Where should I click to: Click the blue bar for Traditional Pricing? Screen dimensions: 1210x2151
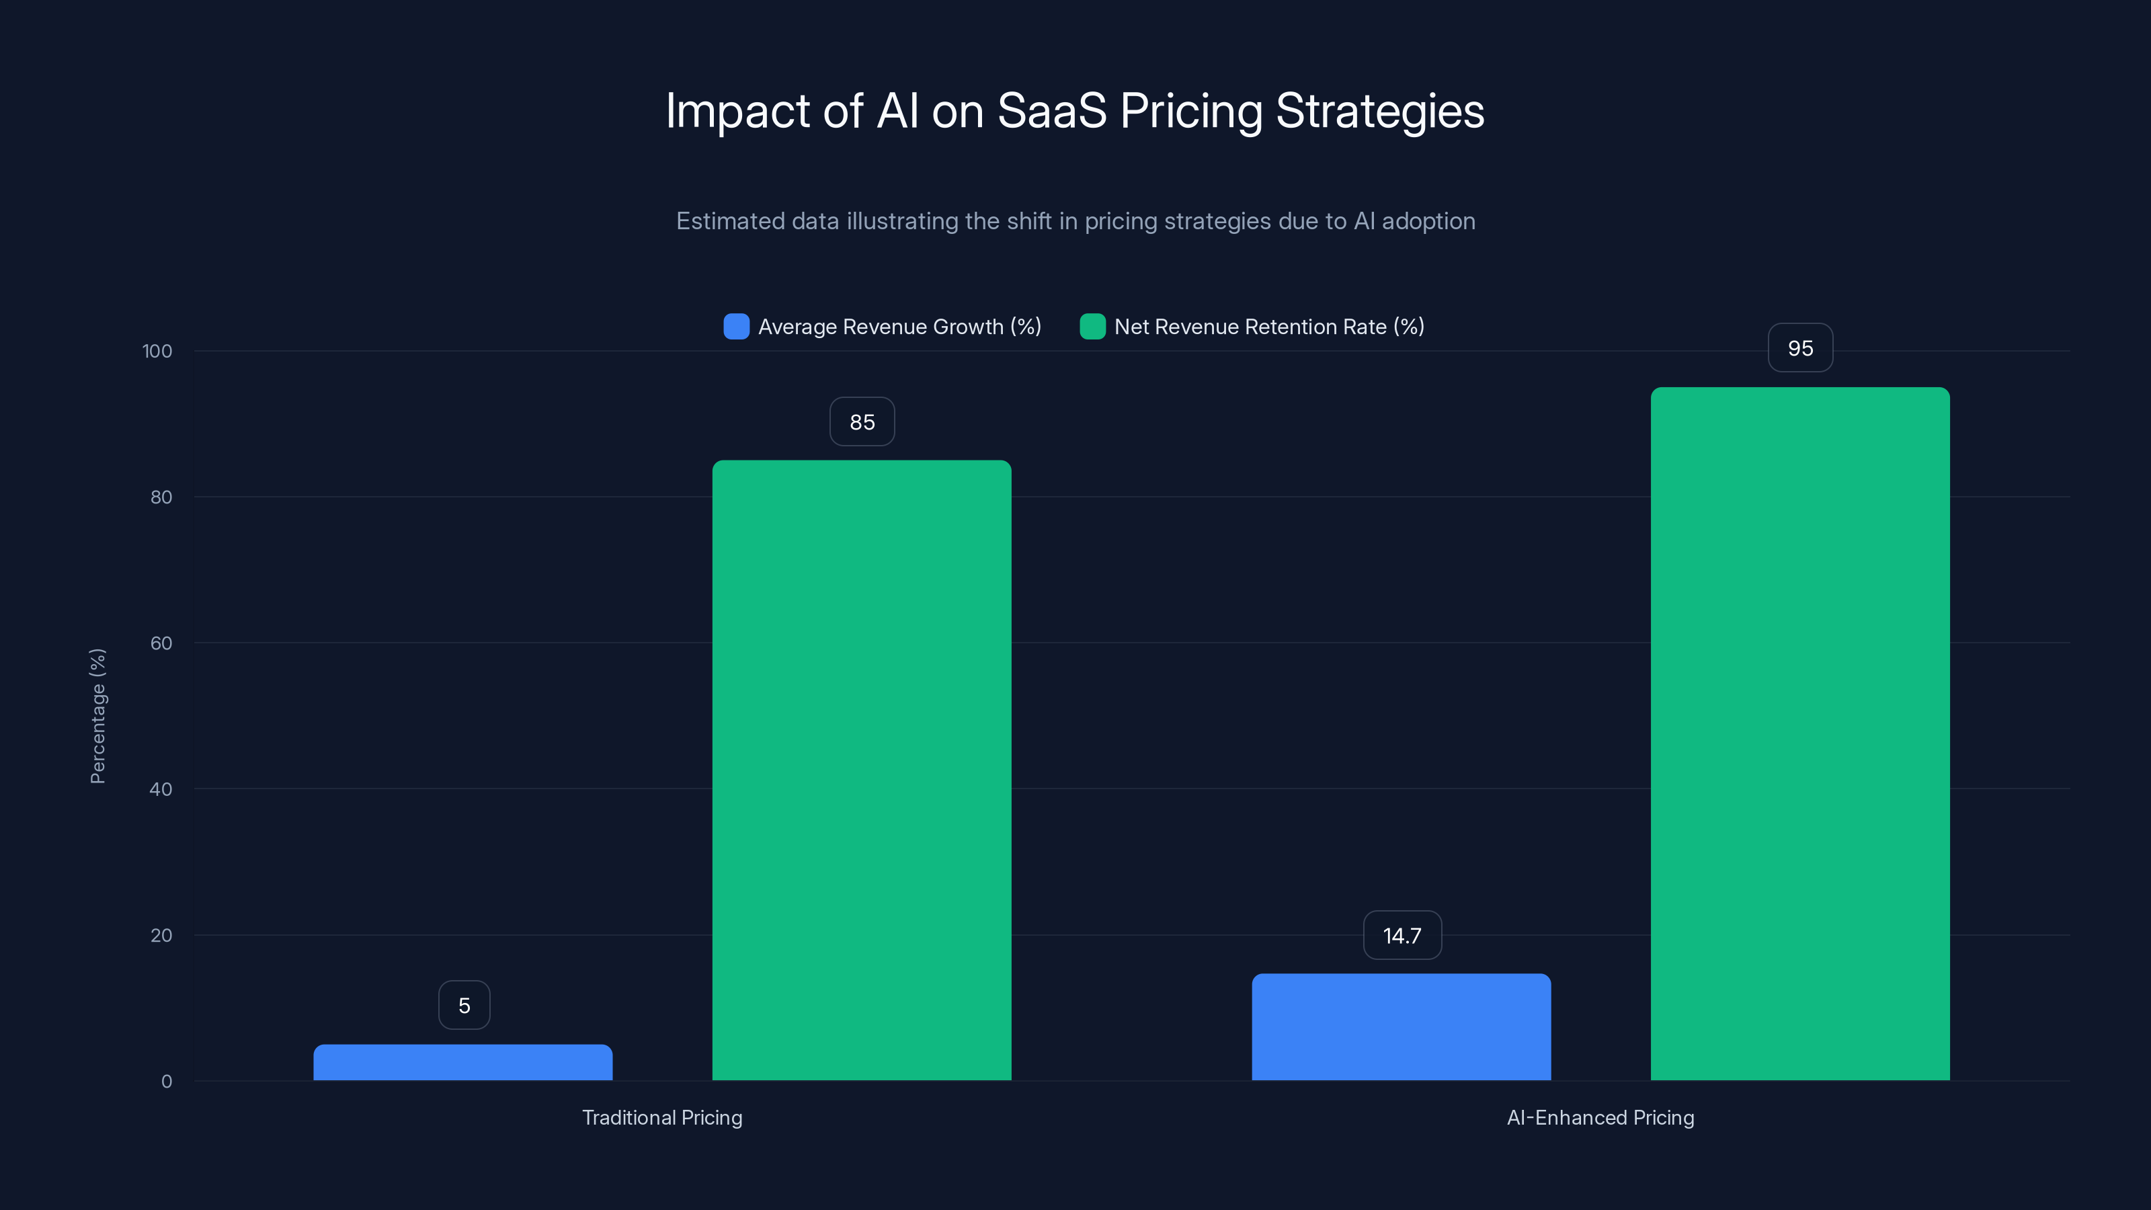pyautogui.click(x=462, y=1062)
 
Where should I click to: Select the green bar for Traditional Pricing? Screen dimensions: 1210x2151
pyautogui.click(x=862, y=770)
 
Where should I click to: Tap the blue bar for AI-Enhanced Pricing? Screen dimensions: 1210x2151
pyautogui.click(x=1401, y=1027)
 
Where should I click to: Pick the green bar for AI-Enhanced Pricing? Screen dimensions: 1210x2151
pyautogui.click(x=1800, y=733)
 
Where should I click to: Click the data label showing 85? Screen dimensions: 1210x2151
pyautogui.click(x=862, y=421)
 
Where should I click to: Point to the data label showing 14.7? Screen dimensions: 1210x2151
pyautogui.click(x=1402, y=935)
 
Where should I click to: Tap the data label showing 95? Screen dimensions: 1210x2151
pyautogui.click(x=1800, y=348)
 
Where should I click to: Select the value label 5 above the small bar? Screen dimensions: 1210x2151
pyautogui.click(x=464, y=1006)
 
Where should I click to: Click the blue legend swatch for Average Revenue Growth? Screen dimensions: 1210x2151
pyautogui.click(x=735, y=327)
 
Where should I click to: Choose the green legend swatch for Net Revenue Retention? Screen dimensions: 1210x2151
pyautogui.click(x=1092, y=327)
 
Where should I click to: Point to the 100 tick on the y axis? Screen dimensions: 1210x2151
pyautogui.click(x=157, y=352)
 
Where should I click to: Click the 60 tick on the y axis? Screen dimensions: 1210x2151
pyautogui.click(x=161, y=643)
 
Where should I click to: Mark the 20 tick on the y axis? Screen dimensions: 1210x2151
pyautogui.click(x=161, y=935)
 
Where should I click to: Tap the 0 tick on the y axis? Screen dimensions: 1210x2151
pyautogui.click(x=166, y=1082)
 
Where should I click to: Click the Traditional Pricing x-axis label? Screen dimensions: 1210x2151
pyautogui.click(x=662, y=1117)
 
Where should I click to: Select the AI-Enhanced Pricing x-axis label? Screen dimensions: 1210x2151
pyautogui.click(x=1600, y=1117)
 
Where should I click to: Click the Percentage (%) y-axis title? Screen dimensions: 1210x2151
pyautogui.click(x=97, y=716)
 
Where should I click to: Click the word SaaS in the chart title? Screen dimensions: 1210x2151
pyautogui.click(x=1051, y=111)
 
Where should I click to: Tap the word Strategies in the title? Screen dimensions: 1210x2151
pyautogui.click(x=1379, y=111)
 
